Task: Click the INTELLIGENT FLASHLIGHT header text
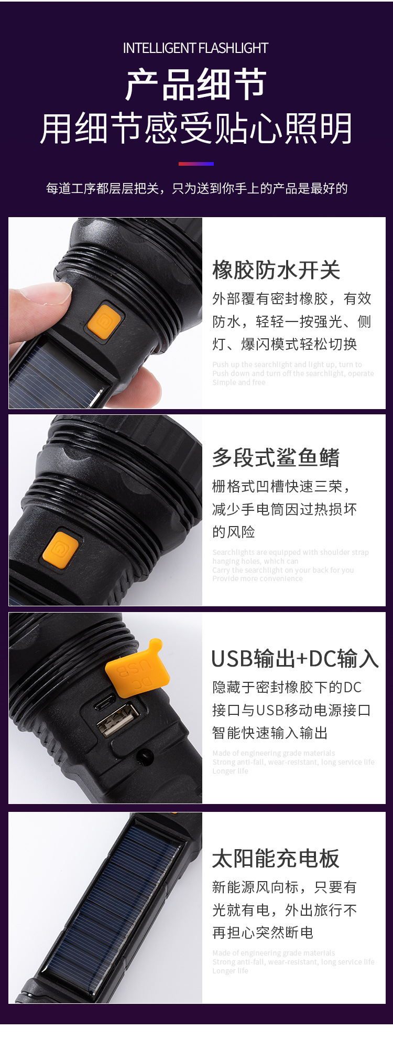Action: click(x=195, y=48)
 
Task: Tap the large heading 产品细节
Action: click(x=196, y=85)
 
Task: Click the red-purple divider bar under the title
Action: click(x=196, y=164)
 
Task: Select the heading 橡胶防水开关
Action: click(x=276, y=270)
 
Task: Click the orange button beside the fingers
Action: click(x=104, y=321)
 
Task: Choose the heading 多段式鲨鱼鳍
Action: click(x=276, y=457)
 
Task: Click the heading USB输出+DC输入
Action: click(x=294, y=659)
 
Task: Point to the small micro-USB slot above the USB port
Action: click(x=105, y=701)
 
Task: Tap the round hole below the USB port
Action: click(x=145, y=756)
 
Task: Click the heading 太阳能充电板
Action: click(x=276, y=859)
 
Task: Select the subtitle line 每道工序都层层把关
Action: click(x=196, y=188)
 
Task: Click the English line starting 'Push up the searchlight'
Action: click(x=287, y=365)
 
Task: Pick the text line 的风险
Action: click(x=234, y=532)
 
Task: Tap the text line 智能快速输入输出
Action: click(x=270, y=732)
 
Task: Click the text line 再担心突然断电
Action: click(x=263, y=932)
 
